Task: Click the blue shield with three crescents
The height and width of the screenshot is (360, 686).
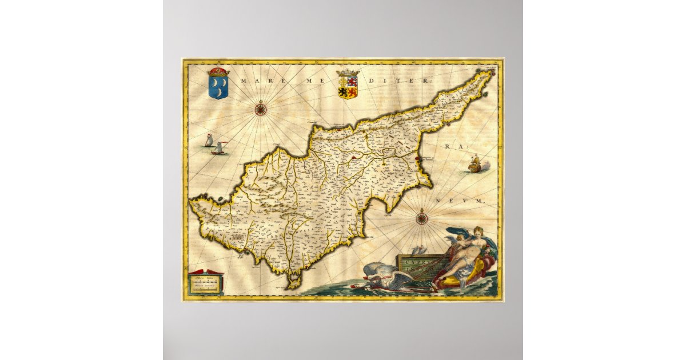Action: click(218, 87)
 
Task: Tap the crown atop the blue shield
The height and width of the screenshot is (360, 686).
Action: click(218, 72)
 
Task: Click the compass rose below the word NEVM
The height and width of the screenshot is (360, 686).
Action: click(421, 217)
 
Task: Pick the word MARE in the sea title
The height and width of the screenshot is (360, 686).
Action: click(255, 81)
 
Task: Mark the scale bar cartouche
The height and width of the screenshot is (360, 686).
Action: click(206, 282)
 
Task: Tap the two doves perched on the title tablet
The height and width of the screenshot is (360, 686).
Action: click(419, 250)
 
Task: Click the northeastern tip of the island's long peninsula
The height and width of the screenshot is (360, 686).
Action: click(489, 74)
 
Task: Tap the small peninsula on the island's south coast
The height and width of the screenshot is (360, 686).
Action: click(294, 280)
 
